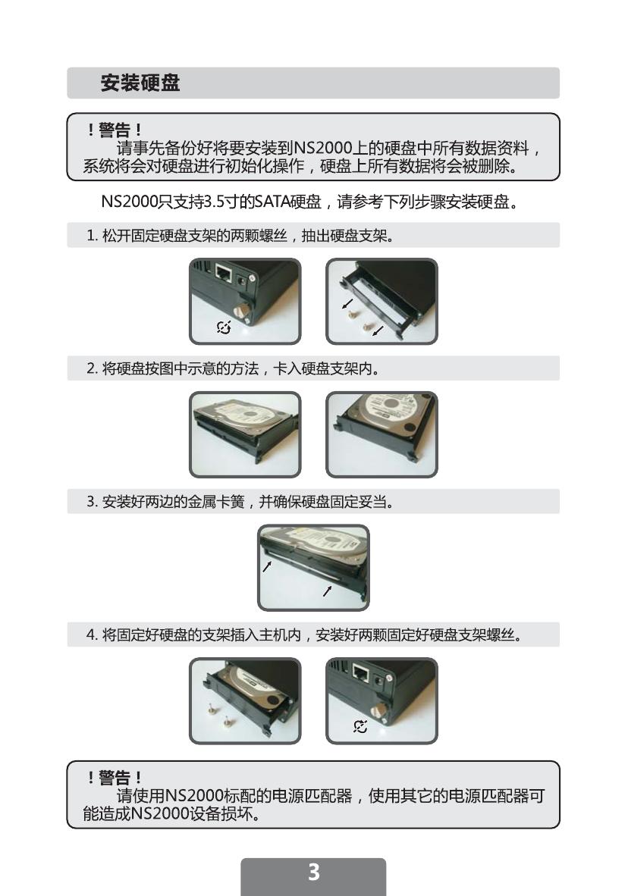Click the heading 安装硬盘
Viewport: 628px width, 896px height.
(140, 83)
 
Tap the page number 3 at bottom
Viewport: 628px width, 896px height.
(313, 872)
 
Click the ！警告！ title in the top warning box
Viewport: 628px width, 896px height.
(115, 130)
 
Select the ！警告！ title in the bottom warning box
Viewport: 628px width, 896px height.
(115, 777)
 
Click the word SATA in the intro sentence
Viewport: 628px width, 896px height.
(272, 202)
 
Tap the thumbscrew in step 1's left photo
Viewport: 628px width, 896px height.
(243, 312)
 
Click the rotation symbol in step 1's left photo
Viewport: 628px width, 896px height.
(224, 327)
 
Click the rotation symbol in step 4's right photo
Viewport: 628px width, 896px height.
(360, 726)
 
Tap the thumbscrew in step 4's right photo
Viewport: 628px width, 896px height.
(379, 712)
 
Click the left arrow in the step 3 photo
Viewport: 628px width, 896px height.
(267, 565)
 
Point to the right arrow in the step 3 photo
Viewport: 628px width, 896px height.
(327, 591)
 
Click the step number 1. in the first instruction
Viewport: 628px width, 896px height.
(92, 236)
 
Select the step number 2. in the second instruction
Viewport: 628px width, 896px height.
(92, 368)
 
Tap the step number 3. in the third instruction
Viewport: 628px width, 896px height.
(92, 502)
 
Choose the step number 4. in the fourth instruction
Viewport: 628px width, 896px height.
(92, 635)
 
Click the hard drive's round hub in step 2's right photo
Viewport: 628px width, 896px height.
(391, 403)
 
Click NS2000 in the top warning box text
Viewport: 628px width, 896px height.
(322, 149)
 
